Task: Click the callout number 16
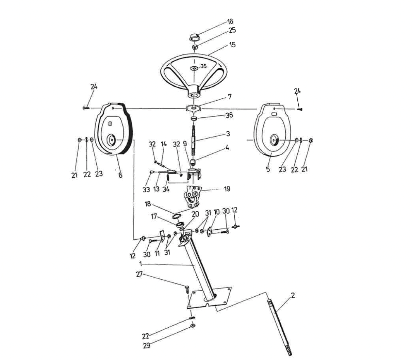coord(230,21)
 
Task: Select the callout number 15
coord(232,45)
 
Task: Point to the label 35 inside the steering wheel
coord(203,66)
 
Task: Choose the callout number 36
coord(229,115)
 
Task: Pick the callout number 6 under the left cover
coord(120,175)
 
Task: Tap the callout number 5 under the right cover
coord(268,169)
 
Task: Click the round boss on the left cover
coord(111,140)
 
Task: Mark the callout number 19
coord(227,189)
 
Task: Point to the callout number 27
coord(139,274)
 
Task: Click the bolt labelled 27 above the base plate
coord(187,289)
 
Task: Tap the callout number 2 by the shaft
coord(293,295)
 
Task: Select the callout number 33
coord(146,190)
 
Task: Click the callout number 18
coord(148,204)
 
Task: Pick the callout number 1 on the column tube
coord(141,263)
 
